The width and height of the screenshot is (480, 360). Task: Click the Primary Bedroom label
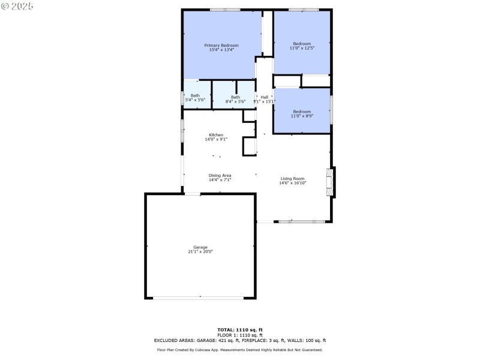[x=221, y=46]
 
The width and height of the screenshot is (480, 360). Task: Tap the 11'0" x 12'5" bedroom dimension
[x=302, y=48]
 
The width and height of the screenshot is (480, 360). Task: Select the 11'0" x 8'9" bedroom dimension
[x=302, y=116]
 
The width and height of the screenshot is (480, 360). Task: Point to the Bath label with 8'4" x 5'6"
[x=235, y=97]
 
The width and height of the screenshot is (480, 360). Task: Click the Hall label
[x=264, y=97]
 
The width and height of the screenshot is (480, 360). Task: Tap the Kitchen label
[x=216, y=134]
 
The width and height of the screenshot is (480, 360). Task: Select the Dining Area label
[x=220, y=175]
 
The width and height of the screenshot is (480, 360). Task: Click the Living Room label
[x=293, y=178]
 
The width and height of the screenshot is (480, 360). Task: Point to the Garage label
[x=200, y=247]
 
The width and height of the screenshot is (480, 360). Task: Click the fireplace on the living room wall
[x=329, y=182]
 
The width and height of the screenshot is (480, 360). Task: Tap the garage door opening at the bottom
[x=200, y=298]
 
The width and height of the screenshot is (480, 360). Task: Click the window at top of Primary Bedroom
[x=225, y=10]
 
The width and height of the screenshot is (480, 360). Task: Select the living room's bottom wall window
[x=302, y=222]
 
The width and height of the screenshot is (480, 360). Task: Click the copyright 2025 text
[x=18, y=6]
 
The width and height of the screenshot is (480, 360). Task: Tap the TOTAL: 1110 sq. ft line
[x=240, y=329]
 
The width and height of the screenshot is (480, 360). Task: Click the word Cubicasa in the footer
[x=205, y=350]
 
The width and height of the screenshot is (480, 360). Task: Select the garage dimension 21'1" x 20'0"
[x=200, y=252]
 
